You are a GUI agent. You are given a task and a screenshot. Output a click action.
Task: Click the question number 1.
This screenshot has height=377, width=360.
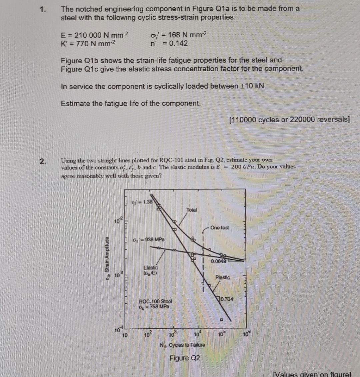click(x=43, y=9)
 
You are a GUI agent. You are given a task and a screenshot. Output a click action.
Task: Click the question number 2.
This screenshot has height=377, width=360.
click(x=43, y=162)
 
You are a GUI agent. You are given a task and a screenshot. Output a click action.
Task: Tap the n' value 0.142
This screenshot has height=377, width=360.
click(x=178, y=43)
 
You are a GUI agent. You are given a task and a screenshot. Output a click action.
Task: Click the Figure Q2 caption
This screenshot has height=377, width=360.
click(x=185, y=358)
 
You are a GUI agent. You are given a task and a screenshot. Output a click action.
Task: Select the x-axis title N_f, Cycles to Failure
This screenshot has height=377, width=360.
click(x=182, y=345)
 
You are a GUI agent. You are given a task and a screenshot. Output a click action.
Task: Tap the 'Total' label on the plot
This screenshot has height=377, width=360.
click(x=192, y=210)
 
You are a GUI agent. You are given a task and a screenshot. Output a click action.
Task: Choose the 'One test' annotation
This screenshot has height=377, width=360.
click(x=220, y=228)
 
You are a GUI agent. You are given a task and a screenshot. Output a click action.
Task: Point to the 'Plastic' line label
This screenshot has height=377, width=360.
click(x=222, y=277)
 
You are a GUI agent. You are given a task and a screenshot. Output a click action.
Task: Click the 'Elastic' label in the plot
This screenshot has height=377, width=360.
click(x=151, y=267)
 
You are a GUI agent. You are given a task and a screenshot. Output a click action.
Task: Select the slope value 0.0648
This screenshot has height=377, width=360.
click(x=218, y=261)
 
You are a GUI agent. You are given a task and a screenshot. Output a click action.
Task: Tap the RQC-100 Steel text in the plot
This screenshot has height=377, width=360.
click(x=155, y=301)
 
